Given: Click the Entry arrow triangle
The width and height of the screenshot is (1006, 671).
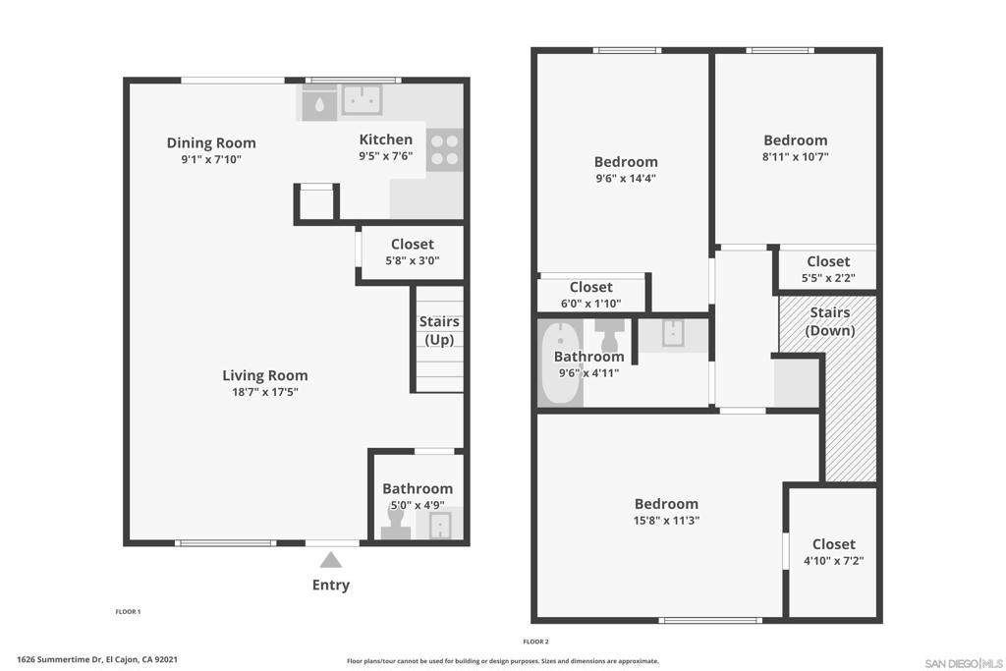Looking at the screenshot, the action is click(x=330, y=560).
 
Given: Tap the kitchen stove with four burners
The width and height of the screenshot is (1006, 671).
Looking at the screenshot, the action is click(x=444, y=150).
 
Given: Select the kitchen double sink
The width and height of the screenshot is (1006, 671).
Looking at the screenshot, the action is click(x=362, y=100).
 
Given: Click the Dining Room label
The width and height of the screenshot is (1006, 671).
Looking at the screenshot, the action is click(x=211, y=143).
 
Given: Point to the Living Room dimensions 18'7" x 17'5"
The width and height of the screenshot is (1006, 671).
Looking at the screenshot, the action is click(x=265, y=392).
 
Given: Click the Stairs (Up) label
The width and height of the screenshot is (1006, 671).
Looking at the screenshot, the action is click(x=439, y=330).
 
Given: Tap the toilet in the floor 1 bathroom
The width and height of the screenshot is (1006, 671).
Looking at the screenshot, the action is click(x=395, y=522).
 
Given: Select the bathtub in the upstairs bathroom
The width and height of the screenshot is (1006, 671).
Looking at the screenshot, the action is click(x=559, y=363).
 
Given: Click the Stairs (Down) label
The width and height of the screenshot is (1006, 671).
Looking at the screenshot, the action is click(x=830, y=321).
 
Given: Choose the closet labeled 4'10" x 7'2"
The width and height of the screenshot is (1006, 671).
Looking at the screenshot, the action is click(x=833, y=552).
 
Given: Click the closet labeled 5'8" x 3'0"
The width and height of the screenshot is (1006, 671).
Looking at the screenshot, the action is click(x=412, y=252).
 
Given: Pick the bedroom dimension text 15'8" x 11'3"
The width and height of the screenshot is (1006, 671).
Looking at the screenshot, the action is click(x=666, y=521).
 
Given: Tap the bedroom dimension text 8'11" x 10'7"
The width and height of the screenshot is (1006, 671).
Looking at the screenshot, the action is click(x=795, y=156).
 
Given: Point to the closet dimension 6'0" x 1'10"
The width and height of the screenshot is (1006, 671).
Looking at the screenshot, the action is click(x=590, y=304).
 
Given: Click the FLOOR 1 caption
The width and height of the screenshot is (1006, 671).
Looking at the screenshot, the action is click(x=128, y=611).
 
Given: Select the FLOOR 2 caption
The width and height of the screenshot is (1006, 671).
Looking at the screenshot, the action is click(x=535, y=642).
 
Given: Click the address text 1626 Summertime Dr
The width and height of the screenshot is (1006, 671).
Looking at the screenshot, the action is click(x=60, y=659).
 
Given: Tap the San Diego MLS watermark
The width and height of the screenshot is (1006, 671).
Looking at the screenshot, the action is click(x=964, y=663).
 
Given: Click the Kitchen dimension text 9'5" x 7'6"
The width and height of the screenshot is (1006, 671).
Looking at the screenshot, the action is click(x=385, y=156).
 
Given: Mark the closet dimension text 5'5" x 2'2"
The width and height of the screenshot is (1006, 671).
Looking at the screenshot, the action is click(x=828, y=278).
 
